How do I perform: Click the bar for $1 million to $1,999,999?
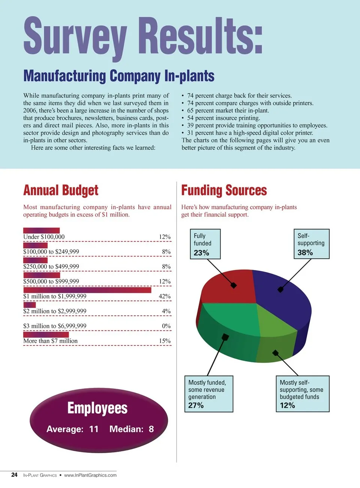pos(87,290)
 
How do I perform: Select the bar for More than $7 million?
pos(46,335)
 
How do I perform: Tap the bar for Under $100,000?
pos(41,230)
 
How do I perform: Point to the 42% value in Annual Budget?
pos(165,296)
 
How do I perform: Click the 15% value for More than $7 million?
pos(165,341)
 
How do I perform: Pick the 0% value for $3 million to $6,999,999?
pos(166,326)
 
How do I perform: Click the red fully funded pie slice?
pos(227,287)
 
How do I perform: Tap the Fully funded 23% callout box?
pos(205,244)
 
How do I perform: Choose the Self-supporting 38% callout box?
pos(311,244)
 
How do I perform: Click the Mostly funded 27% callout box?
pos(208,394)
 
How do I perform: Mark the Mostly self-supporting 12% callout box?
pos(302,394)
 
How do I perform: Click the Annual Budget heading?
pos(61,190)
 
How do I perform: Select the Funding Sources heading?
pos(224,190)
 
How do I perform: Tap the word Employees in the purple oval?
pos(97,408)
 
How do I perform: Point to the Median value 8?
pos(151,429)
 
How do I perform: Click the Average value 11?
pos(94,429)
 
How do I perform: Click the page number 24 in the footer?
pos(14,475)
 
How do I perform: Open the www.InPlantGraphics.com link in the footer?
pos(90,475)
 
